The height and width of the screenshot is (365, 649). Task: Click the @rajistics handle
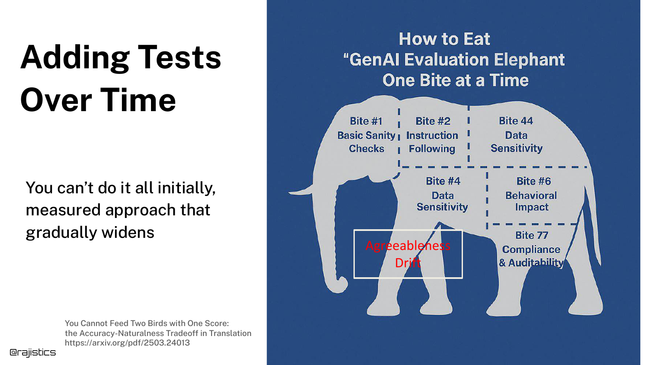coord(33,352)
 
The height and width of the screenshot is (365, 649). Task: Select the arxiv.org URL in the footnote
coord(127,343)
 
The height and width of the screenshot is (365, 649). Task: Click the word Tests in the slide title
coord(180,58)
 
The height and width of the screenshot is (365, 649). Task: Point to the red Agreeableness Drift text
coord(408,254)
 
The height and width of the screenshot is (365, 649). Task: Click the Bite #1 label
coord(366,121)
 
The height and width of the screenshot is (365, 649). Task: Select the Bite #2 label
coord(433,121)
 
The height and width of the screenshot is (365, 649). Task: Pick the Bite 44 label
coord(516,121)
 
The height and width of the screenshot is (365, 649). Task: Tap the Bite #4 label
coord(443,181)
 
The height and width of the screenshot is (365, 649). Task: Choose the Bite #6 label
coord(533,181)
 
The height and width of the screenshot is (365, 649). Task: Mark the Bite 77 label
coord(532,235)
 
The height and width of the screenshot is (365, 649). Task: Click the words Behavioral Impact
coord(531,202)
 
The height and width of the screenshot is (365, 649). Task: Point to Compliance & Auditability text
coord(531,256)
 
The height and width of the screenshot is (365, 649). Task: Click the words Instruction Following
coord(432,142)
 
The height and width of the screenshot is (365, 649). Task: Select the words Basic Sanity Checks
coord(366,142)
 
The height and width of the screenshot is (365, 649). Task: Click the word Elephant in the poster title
coord(529,60)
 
